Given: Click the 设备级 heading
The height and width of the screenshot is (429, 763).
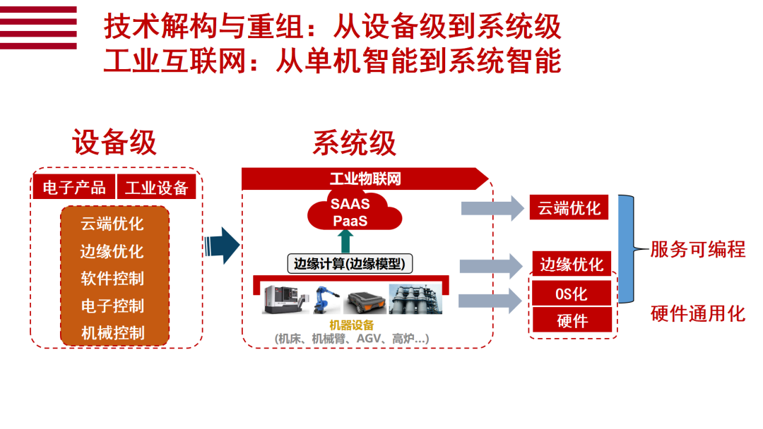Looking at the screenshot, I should [x=114, y=143].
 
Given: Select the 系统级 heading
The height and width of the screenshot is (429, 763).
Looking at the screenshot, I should [x=354, y=143].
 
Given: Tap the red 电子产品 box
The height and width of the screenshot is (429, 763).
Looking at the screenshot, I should [x=73, y=187].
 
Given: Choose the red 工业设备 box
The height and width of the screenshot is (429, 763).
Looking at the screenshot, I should [x=156, y=187].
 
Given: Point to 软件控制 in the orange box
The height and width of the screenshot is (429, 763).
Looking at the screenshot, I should [x=112, y=278].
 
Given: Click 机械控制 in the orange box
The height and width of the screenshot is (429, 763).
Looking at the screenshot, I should [x=112, y=332].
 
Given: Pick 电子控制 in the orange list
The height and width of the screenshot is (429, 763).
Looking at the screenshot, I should [x=112, y=306].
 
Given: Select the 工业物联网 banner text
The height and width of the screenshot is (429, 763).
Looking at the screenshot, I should [x=365, y=179].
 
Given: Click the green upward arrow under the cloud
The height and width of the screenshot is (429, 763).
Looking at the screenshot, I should [x=345, y=241].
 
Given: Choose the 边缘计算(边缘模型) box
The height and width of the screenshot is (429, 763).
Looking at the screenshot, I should [x=350, y=264].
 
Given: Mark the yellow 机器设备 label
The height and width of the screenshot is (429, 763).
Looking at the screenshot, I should [x=350, y=325].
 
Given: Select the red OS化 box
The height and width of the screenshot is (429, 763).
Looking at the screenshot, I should [x=572, y=294].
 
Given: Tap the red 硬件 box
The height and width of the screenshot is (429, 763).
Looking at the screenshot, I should [x=572, y=320].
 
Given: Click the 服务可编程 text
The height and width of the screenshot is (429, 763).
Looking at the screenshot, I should [x=697, y=249].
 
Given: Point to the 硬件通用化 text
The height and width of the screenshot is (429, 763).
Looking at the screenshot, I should [x=697, y=313].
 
